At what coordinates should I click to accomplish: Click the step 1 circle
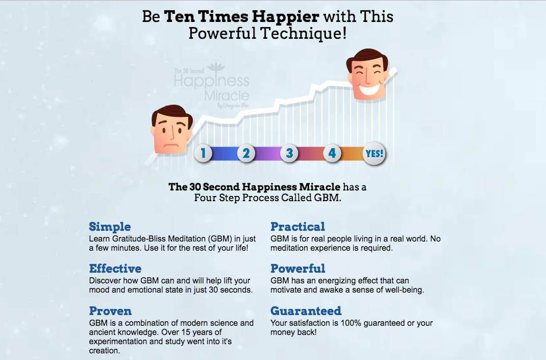[x=203, y=153]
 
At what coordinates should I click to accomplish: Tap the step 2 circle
[x=246, y=153]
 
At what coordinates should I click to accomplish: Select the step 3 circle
[x=289, y=153]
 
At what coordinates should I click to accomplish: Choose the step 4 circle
[x=332, y=153]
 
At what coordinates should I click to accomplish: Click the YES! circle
[x=375, y=153]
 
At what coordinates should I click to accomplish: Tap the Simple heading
[x=110, y=227]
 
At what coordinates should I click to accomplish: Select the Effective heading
[x=115, y=269]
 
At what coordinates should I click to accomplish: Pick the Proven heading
[x=110, y=311]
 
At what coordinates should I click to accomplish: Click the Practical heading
[x=297, y=227]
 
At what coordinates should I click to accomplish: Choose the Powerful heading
[x=297, y=269]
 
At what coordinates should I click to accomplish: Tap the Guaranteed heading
[x=306, y=311]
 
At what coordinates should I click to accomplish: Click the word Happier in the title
[x=287, y=16]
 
